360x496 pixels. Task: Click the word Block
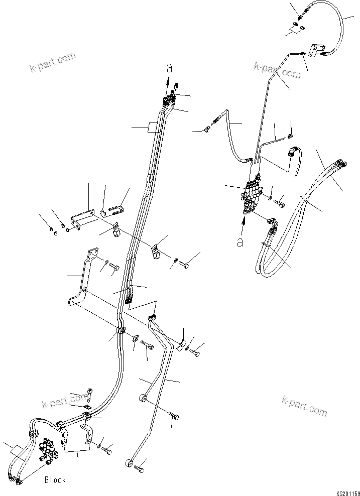(x=55, y=480)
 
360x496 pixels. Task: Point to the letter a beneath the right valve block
(x=241, y=242)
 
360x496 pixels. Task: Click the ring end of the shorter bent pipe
(x=142, y=399)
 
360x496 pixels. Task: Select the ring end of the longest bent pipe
(x=130, y=463)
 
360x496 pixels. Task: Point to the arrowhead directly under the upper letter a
(x=169, y=81)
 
